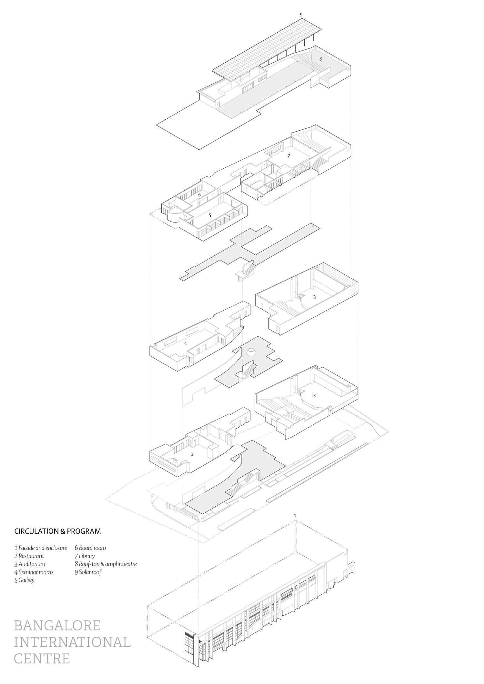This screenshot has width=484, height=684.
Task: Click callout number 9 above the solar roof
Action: click(301, 15)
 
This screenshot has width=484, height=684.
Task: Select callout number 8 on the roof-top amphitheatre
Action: click(320, 59)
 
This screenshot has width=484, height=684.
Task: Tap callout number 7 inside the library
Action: click(289, 156)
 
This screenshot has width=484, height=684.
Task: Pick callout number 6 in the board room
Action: click(199, 195)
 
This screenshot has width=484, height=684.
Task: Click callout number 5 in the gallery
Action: click(210, 215)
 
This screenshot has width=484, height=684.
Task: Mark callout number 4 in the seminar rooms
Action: click(186, 343)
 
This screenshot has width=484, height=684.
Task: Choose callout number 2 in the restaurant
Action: click(192, 454)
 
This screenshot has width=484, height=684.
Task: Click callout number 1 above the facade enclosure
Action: click(295, 516)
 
